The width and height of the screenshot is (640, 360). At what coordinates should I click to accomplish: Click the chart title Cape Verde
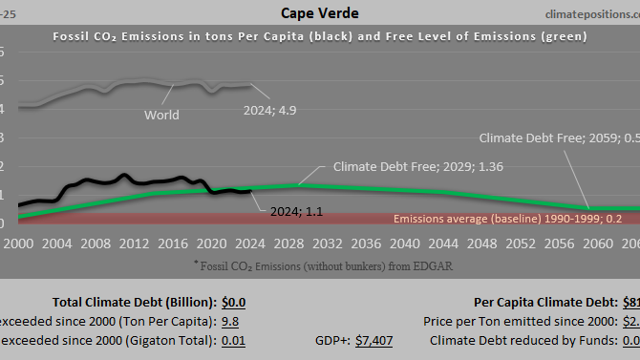point(320,13)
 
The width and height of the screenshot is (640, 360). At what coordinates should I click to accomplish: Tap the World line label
point(161,116)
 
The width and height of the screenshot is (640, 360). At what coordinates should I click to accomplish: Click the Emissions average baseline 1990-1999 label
point(507,219)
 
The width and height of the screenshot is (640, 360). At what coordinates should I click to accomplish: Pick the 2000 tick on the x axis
point(18,244)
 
